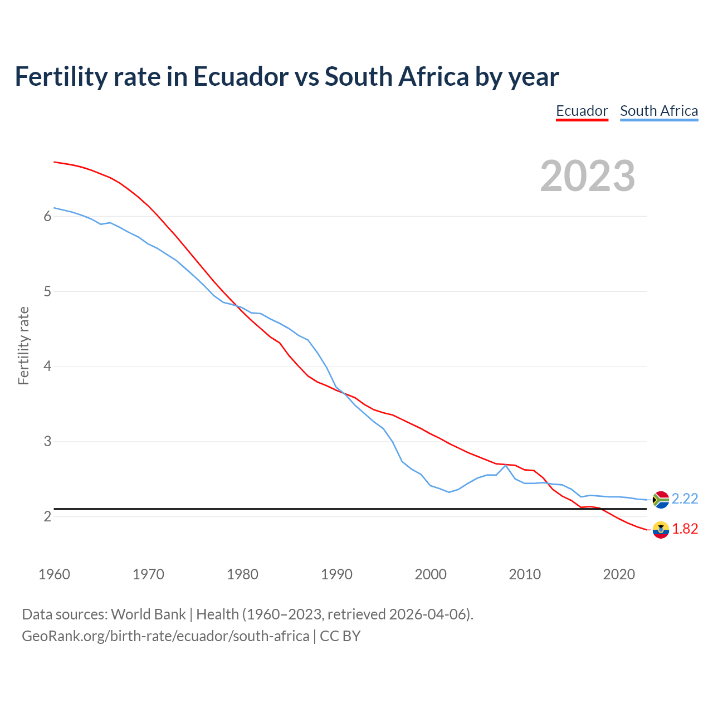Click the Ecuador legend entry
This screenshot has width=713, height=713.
pyautogui.click(x=582, y=111)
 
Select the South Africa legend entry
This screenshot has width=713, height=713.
pyautogui.click(x=659, y=111)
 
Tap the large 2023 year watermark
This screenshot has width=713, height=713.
pyautogui.click(x=588, y=176)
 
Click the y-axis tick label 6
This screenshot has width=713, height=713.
pyautogui.click(x=47, y=216)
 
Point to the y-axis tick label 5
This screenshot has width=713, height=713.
pyautogui.click(x=47, y=291)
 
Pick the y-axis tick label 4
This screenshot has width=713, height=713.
pyautogui.click(x=47, y=367)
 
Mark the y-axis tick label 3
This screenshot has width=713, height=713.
pyautogui.click(x=47, y=442)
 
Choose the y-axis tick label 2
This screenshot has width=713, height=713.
pyautogui.click(x=47, y=517)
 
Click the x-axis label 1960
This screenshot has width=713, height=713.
pyautogui.click(x=54, y=574)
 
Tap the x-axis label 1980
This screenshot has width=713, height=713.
pyautogui.click(x=242, y=574)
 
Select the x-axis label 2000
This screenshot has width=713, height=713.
pyautogui.click(x=431, y=574)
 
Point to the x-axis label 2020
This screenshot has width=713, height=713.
pyautogui.click(x=619, y=574)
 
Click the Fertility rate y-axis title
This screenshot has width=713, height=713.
pyautogui.click(x=23, y=345)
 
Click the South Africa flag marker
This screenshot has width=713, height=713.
pyautogui.click(x=661, y=500)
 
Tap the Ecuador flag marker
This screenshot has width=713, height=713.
pyautogui.click(x=661, y=530)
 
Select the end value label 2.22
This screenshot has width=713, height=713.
pyautogui.click(x=685, y=499)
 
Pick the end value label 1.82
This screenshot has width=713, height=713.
pyautogui.click(x=685, y=529)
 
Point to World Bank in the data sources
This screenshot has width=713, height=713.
pyautogui.click(x=148, y=614)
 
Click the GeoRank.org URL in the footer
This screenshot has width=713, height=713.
pyautogui.click(x=165, y=636)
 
